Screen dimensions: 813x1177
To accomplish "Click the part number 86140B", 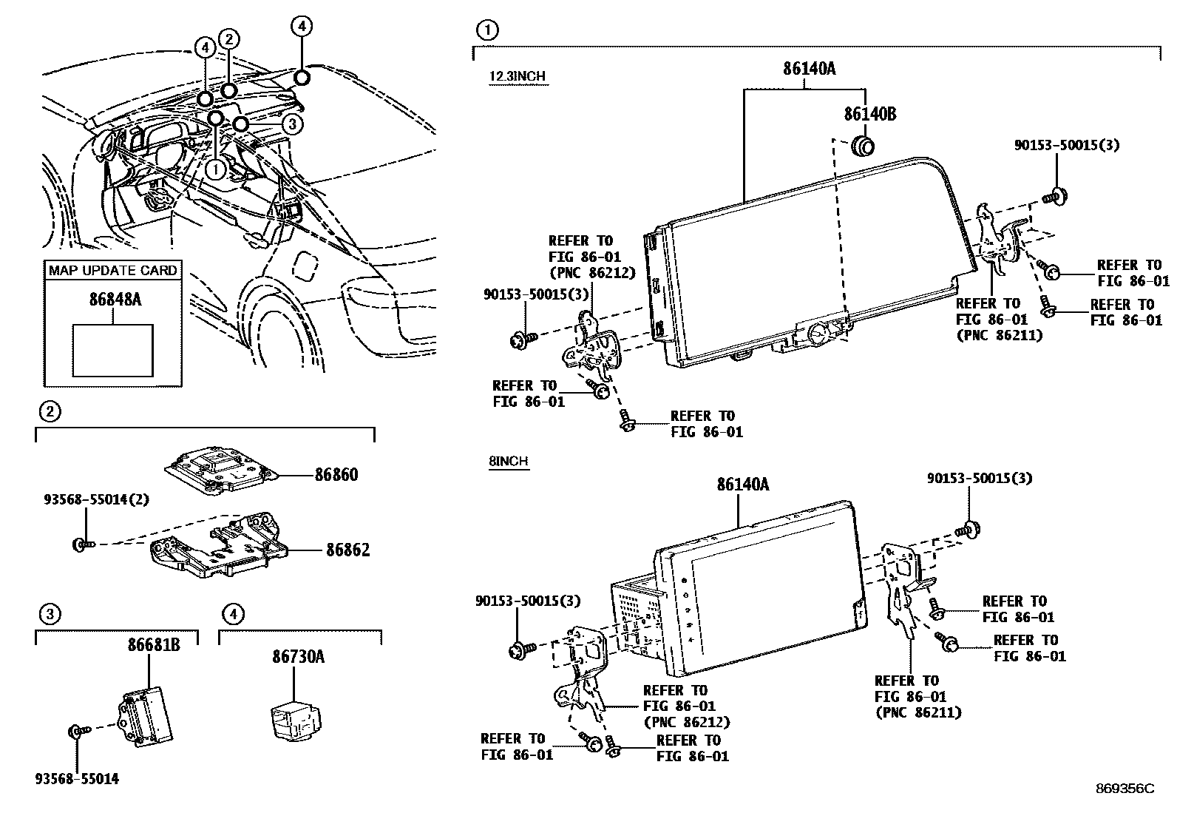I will [x=870, y=114].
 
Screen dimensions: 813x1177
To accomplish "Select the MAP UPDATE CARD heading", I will [x=113, y=270].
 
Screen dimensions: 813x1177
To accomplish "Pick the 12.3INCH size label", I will [x=518, y=77].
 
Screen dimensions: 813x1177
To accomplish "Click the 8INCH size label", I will [x=509, y=461].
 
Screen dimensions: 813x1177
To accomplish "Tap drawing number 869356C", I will [x=1125, y=789].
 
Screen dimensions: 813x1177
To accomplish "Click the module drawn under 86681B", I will [x=145, y=714].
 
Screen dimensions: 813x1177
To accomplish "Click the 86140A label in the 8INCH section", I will [x=743, y=485].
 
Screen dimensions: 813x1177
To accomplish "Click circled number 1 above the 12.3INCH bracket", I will [x=487, y=30].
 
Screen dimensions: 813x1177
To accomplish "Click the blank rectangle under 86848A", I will [x=113, y=350].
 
